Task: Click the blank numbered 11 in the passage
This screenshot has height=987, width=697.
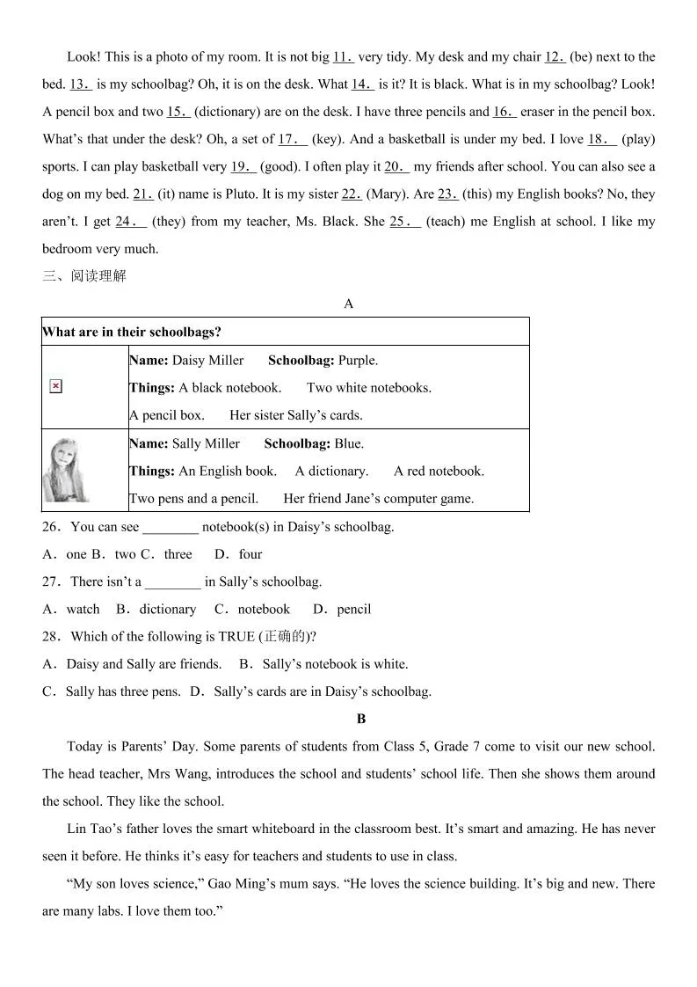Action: click(x=343, y=57)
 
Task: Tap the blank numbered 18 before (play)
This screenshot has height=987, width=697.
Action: click(x=602, y=139)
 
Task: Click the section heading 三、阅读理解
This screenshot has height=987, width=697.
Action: click(x=84, y=276)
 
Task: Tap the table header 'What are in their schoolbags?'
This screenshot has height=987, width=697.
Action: click(x=132, y=332)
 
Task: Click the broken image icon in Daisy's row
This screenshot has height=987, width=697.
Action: click(x=55, y=386)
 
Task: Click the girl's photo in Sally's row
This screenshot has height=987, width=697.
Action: click(x=66, y=471)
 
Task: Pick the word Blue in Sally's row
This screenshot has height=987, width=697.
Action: click(x=348, y=443)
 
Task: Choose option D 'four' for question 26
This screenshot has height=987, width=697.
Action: click(x=250, y=554)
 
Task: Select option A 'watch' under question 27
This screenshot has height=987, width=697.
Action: click(x=83, y=609)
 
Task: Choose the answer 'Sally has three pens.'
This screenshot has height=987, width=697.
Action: click(x=123, y=691)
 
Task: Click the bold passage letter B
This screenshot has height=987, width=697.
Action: click(x=361, y=719)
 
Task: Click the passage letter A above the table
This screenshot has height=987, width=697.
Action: click(x=349, y=303)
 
